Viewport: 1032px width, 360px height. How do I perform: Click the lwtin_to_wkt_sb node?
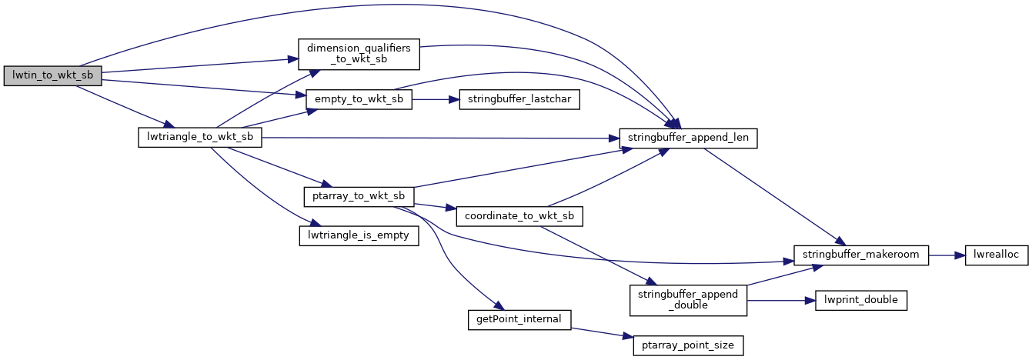pos(52,75)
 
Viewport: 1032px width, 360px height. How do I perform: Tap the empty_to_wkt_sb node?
pos(359,99)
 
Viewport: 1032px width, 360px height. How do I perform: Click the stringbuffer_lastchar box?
pos(519,99)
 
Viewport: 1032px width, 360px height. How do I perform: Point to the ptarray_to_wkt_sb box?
pos(359,195)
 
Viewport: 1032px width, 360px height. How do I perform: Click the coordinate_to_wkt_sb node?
pos(519,216)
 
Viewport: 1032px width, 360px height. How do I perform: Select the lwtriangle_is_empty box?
pos(359,235)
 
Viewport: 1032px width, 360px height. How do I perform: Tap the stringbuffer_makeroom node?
pos(862,255)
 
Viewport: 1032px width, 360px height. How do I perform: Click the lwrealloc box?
pos(997,255)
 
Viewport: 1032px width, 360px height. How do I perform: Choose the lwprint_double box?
pos(861,300)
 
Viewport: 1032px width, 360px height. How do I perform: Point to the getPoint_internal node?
pos(519,318)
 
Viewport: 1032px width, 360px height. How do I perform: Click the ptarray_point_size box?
pos(688,345)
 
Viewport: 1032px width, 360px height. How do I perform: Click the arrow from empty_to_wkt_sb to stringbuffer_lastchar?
pos(435,99)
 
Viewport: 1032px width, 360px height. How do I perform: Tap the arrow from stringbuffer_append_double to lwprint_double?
pos(780,300)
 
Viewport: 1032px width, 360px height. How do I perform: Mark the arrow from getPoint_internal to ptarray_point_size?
pos(600,332)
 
